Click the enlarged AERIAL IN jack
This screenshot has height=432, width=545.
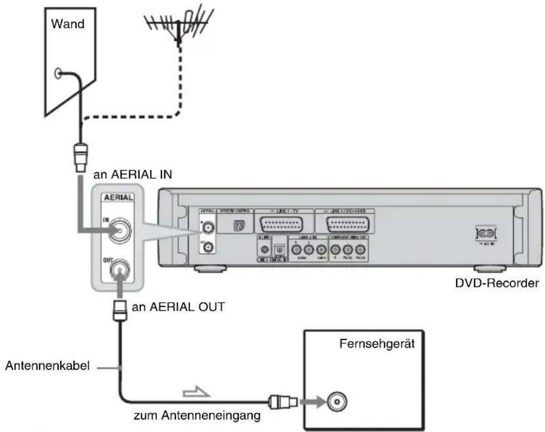(x=118, y=232)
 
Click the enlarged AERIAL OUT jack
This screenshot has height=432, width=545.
(x=118, y=272)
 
